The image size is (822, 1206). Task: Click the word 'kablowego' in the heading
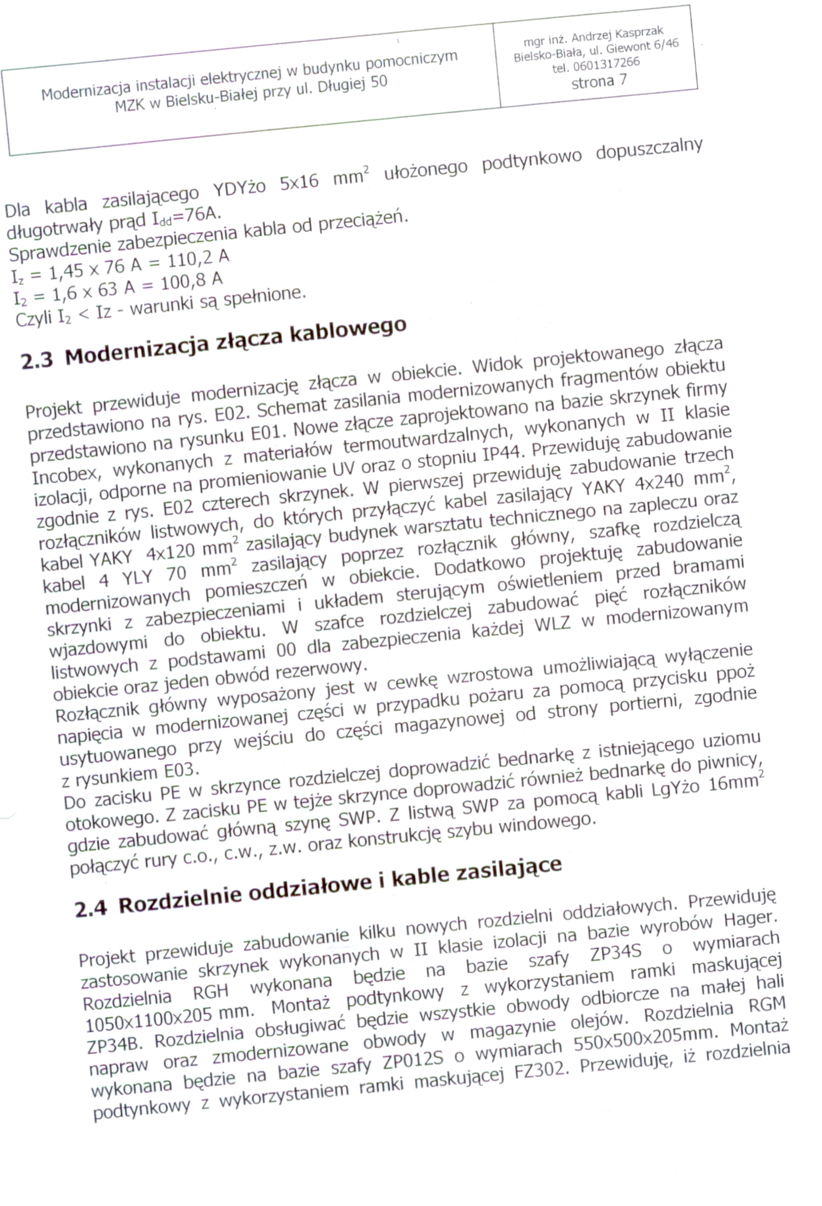[347, 331]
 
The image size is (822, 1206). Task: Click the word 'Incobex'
[65, 474]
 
